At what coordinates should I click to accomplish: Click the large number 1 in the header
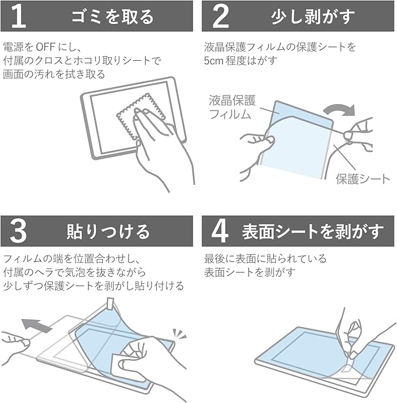(19, 16)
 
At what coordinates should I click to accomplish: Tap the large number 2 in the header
(220, 16)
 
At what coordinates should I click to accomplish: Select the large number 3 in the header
(18, 231)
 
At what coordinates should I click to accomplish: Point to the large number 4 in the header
(220, 231)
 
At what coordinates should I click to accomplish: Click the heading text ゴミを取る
(112, 17)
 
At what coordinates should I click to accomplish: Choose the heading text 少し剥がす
(312, 17)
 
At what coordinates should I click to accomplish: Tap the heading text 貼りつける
(108, 232)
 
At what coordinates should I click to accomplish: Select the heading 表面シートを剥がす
(312, 232)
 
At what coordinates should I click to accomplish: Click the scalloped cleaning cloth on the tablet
(140, 116)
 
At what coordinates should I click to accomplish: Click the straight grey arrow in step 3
(36, 325)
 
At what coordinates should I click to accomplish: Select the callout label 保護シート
(363, 179)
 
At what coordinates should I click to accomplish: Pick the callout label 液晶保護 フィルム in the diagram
(232, 107)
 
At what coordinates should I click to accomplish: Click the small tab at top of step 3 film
(111, 304)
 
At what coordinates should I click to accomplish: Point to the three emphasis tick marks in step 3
(179, 334)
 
